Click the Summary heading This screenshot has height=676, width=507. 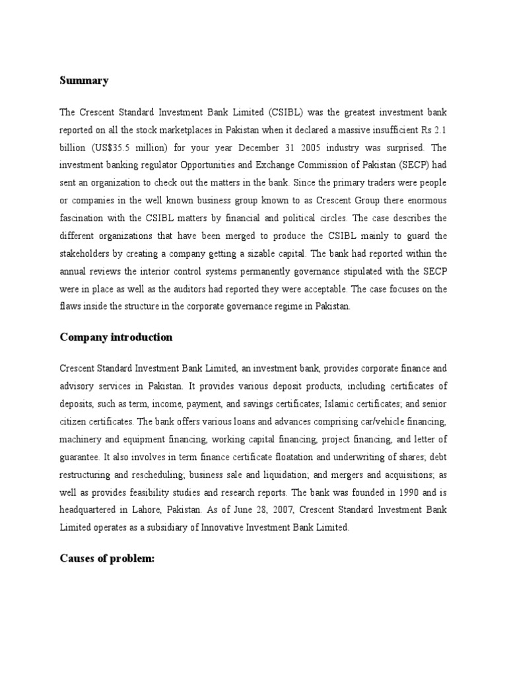(84, 81)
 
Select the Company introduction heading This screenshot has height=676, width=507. (116, 337)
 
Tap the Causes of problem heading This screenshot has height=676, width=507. (107, 558)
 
